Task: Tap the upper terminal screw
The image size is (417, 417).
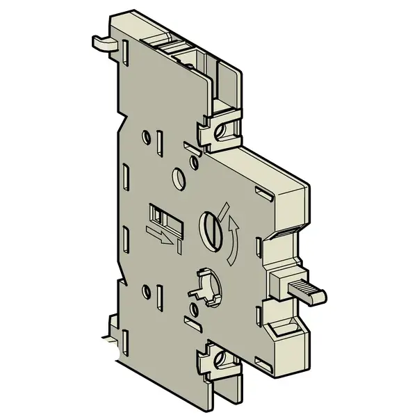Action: (x=224, y=130)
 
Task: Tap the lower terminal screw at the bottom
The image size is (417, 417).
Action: (x=222, y=359)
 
